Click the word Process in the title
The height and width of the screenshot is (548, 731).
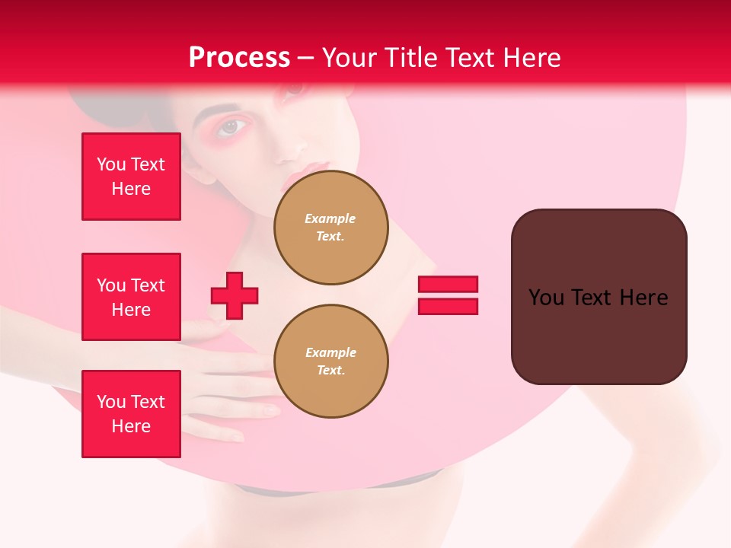click(x=239, y=58)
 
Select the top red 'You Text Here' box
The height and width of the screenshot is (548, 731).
click(x=131, y=177)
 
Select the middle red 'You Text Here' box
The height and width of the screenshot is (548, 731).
click(x=131, y=297)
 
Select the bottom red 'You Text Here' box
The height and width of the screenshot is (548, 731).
click(x=131, y=414)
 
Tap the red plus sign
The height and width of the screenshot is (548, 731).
click(x=235, y=295)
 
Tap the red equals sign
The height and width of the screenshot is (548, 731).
click(x=448, y=295)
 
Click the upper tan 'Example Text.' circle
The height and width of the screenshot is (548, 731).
click(x=330, y=228)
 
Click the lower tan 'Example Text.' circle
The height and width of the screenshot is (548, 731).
click(x=330, y=362)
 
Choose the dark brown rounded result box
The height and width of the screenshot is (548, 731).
click(x=599, y=297)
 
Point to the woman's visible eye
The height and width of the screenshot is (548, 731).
click(x=231, y=127)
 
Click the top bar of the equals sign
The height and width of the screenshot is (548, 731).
click(x=448, y=285)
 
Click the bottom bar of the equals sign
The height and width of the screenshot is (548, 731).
click(x=448, y=306)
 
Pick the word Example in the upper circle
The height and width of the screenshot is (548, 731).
click(x=330, y=218)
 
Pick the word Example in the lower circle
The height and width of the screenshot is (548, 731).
click(x=330, y=352)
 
